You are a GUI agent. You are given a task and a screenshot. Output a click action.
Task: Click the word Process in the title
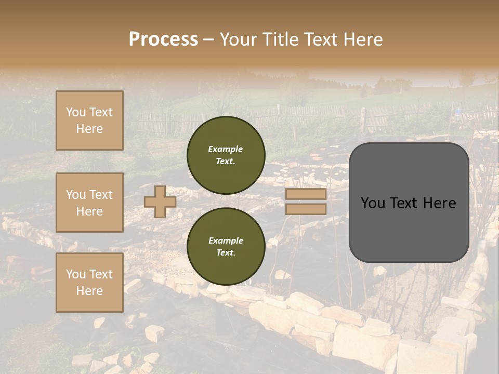pos(163,39)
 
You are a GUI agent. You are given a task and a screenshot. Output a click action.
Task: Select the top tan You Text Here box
pos(89,121)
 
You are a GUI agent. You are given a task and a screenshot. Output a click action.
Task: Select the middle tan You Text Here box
pos(89,203)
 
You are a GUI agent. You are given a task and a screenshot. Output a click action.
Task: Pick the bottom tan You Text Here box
pos(89,282)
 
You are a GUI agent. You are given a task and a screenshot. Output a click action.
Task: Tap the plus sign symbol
pos(160,202)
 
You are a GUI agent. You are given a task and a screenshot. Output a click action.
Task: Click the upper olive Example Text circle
pos(226,155)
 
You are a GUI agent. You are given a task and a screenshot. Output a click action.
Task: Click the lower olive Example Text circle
pos(226,247)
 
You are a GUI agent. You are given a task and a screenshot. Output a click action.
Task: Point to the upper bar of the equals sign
pos(306,194)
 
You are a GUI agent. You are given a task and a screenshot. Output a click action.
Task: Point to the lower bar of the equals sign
pos(306,209)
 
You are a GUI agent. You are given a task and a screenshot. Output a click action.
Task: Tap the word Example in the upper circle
pos(226,149)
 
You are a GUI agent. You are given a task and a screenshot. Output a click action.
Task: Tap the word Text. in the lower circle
pos(226,253)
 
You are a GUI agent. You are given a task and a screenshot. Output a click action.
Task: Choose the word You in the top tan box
pos(76,112)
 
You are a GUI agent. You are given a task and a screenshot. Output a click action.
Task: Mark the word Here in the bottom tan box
pos(89,291)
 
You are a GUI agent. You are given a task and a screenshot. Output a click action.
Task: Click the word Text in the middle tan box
pos(101,195)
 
